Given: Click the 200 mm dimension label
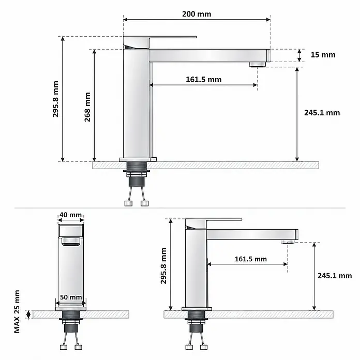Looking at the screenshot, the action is pyautogui.click(x=197, y=14).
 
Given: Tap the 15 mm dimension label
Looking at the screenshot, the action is pyautogui.click(x=323, y=55).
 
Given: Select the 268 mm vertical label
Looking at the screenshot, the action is pyautogui.click(x=87, y=107).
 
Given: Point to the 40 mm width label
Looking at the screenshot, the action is pyautogui.click(x=71, y=215).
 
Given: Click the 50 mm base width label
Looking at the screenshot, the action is pyautogui.click(x=71, y=297).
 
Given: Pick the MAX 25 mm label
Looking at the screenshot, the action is pyautogui.click(x=17, y=311).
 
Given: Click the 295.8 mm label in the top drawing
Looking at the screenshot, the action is pyautogui.click(x=55, y=99).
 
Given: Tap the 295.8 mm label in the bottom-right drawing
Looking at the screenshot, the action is pyautogui.click(x=163, y=266).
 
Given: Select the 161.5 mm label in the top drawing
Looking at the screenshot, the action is pyautogui.click(x=204, y=80).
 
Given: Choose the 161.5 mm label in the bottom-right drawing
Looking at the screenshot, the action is pyautogui.click(x=251, y=259).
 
